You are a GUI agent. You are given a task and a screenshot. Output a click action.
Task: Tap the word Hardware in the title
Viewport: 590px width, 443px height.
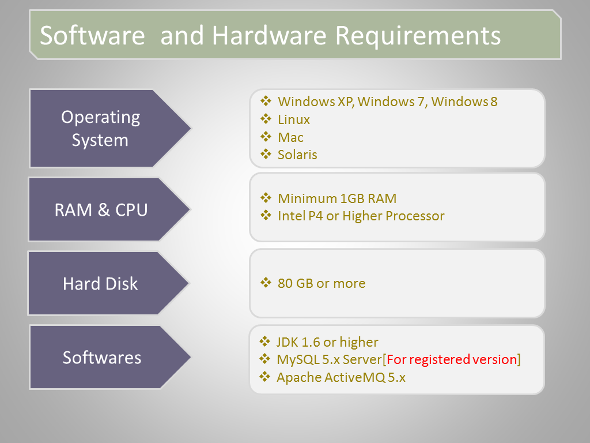coord(269,35)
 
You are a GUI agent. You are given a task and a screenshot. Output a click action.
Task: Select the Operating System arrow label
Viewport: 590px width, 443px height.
coord(100,129)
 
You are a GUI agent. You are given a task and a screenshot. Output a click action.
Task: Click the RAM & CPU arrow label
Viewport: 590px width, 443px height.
coord(101,210)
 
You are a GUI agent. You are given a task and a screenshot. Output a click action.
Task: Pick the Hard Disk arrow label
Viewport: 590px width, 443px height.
coord(100,284)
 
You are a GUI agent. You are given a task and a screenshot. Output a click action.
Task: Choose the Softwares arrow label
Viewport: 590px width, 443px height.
coord(101,358)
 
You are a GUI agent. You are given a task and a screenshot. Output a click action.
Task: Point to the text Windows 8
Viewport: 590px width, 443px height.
coord(464,102)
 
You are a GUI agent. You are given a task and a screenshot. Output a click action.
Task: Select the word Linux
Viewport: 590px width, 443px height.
coord(293,120)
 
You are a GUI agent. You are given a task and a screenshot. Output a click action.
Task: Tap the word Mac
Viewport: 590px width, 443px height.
coord(290,137)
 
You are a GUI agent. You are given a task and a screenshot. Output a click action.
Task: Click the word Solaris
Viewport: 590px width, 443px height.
coord(297,155)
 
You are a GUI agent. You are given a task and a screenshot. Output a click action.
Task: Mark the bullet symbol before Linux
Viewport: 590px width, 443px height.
coord(266,119)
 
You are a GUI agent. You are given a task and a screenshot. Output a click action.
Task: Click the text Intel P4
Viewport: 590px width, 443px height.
coord(300,216)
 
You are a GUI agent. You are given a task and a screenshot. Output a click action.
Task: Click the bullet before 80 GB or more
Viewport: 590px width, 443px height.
coord(266,283)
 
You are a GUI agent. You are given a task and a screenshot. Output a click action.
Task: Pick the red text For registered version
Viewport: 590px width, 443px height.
coord(452,359)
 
